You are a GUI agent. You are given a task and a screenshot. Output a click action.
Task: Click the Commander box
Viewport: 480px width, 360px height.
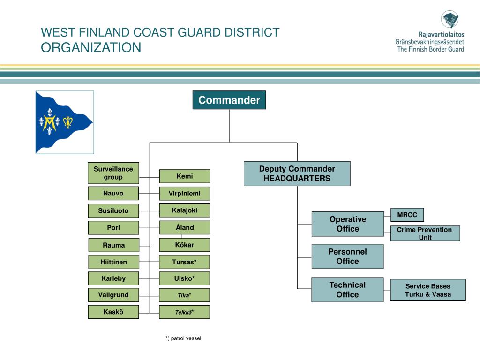pos(229,100)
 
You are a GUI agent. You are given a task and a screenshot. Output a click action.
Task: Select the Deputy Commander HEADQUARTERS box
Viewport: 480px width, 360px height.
pos(297,173)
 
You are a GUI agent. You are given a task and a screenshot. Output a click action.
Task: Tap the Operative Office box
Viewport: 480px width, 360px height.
pos(347,224)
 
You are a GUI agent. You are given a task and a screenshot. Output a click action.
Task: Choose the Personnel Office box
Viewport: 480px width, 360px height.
pos(347,256)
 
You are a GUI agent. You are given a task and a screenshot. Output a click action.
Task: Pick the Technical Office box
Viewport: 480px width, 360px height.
pos(347,289)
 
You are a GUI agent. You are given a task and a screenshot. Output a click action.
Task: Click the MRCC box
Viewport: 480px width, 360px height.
pos(407,215)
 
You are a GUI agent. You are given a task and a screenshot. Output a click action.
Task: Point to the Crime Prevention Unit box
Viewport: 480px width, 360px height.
pos(425,233)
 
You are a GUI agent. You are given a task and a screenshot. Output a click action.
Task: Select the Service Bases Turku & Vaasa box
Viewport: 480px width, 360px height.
pos(427,290)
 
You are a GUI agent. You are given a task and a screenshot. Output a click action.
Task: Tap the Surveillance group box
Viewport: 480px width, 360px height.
pos(113,173)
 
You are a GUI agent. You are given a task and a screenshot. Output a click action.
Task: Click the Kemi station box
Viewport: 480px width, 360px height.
pos(184,176)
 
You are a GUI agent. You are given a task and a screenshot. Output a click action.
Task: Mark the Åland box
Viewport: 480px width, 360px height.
pos(184,227)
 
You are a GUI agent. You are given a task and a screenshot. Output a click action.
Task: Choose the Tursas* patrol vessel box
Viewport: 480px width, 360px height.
pos(184,262)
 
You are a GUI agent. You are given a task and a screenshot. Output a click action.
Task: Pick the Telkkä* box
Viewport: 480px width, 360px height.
pos(184,312)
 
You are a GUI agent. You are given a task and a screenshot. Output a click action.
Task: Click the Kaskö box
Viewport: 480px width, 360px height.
pos(113,312)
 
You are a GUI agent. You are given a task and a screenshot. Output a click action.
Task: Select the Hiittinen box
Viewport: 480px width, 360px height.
pos(113,262)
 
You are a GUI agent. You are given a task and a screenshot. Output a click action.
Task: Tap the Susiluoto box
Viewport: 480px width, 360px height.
pos(113,210)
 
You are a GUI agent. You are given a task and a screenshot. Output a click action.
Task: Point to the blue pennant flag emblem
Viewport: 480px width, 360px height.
pos(64,122)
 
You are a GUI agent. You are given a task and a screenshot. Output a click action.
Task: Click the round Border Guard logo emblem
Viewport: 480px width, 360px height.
pos(450,20)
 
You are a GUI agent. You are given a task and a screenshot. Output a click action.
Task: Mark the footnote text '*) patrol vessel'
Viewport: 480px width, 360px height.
pos(183,338)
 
